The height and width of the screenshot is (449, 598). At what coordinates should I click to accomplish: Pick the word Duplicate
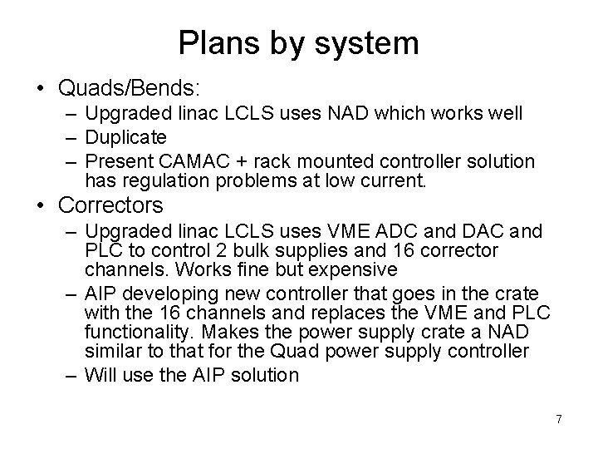(x=125, y=136)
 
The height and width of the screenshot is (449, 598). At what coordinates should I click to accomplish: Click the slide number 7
(x=558, y=419)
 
